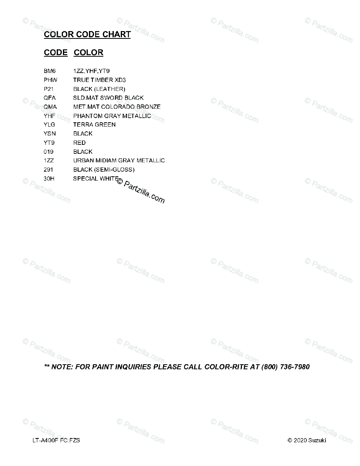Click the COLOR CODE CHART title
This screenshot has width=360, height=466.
pyautogui.click(x=87, y=35)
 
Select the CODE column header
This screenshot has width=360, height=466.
pyautogui.click(x=56, y=52)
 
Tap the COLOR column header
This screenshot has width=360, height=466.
pyautogui.click(x=89, y=52)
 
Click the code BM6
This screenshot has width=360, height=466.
pyautogui.click(x=50, y=71)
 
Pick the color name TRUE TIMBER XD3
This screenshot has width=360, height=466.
pyautogui.click(x=99, y=80)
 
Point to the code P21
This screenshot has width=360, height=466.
pyautogui.click(x=49, y=89)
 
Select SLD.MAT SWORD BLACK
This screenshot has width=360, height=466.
pyautogui.click(x=108, y=98)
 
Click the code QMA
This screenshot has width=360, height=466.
pyautogui.click(x=50, y=107)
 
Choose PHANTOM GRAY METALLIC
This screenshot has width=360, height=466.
pyautogui.click(x=112, y=116)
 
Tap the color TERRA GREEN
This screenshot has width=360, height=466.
pyautogui.click(x=94, y=125)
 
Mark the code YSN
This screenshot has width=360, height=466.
pyautogui.click(x=50, y=134)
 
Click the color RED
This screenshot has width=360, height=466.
pyautogui.click(x=79, y=143)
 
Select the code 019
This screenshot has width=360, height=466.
pyautogui.click(x=49, y=152)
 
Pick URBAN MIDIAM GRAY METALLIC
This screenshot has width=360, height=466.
pyautogui.click(x=119, y=160)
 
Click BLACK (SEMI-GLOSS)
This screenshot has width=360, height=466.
pyautogui.click(x=104, y=170)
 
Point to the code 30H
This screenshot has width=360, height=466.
pyautogui.click(x=49, y=179)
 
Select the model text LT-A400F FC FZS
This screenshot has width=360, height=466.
pyautogui.click(x=57, y=440)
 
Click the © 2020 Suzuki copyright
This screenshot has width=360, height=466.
pyautogui.click(x=306, y=440)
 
